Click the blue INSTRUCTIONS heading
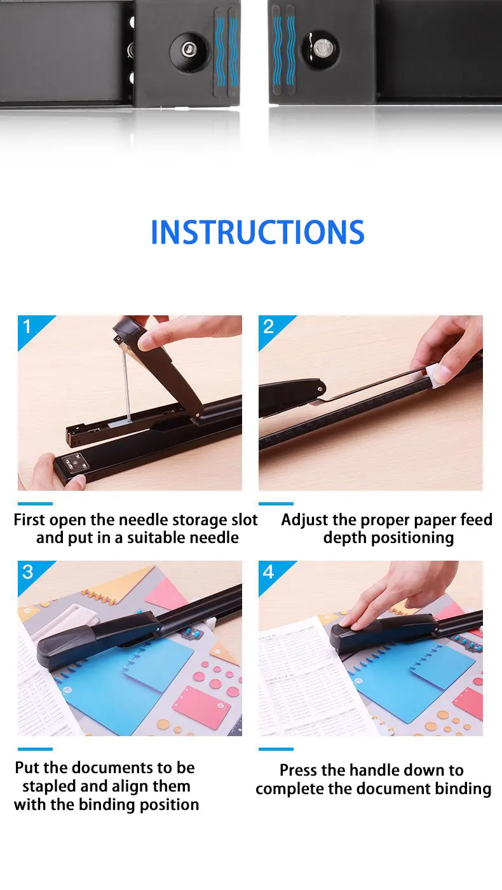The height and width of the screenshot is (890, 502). (257, 232)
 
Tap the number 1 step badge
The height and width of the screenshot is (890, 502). (27, 327)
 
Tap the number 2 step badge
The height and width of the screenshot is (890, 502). (268, 327)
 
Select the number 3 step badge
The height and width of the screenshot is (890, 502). (27, 572)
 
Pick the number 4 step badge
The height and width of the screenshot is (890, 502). (268, 572)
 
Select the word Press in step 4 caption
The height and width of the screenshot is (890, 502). (298, 770)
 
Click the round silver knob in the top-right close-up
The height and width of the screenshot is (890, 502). (322, 49)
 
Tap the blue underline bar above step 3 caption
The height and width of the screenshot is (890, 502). (35, 749)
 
